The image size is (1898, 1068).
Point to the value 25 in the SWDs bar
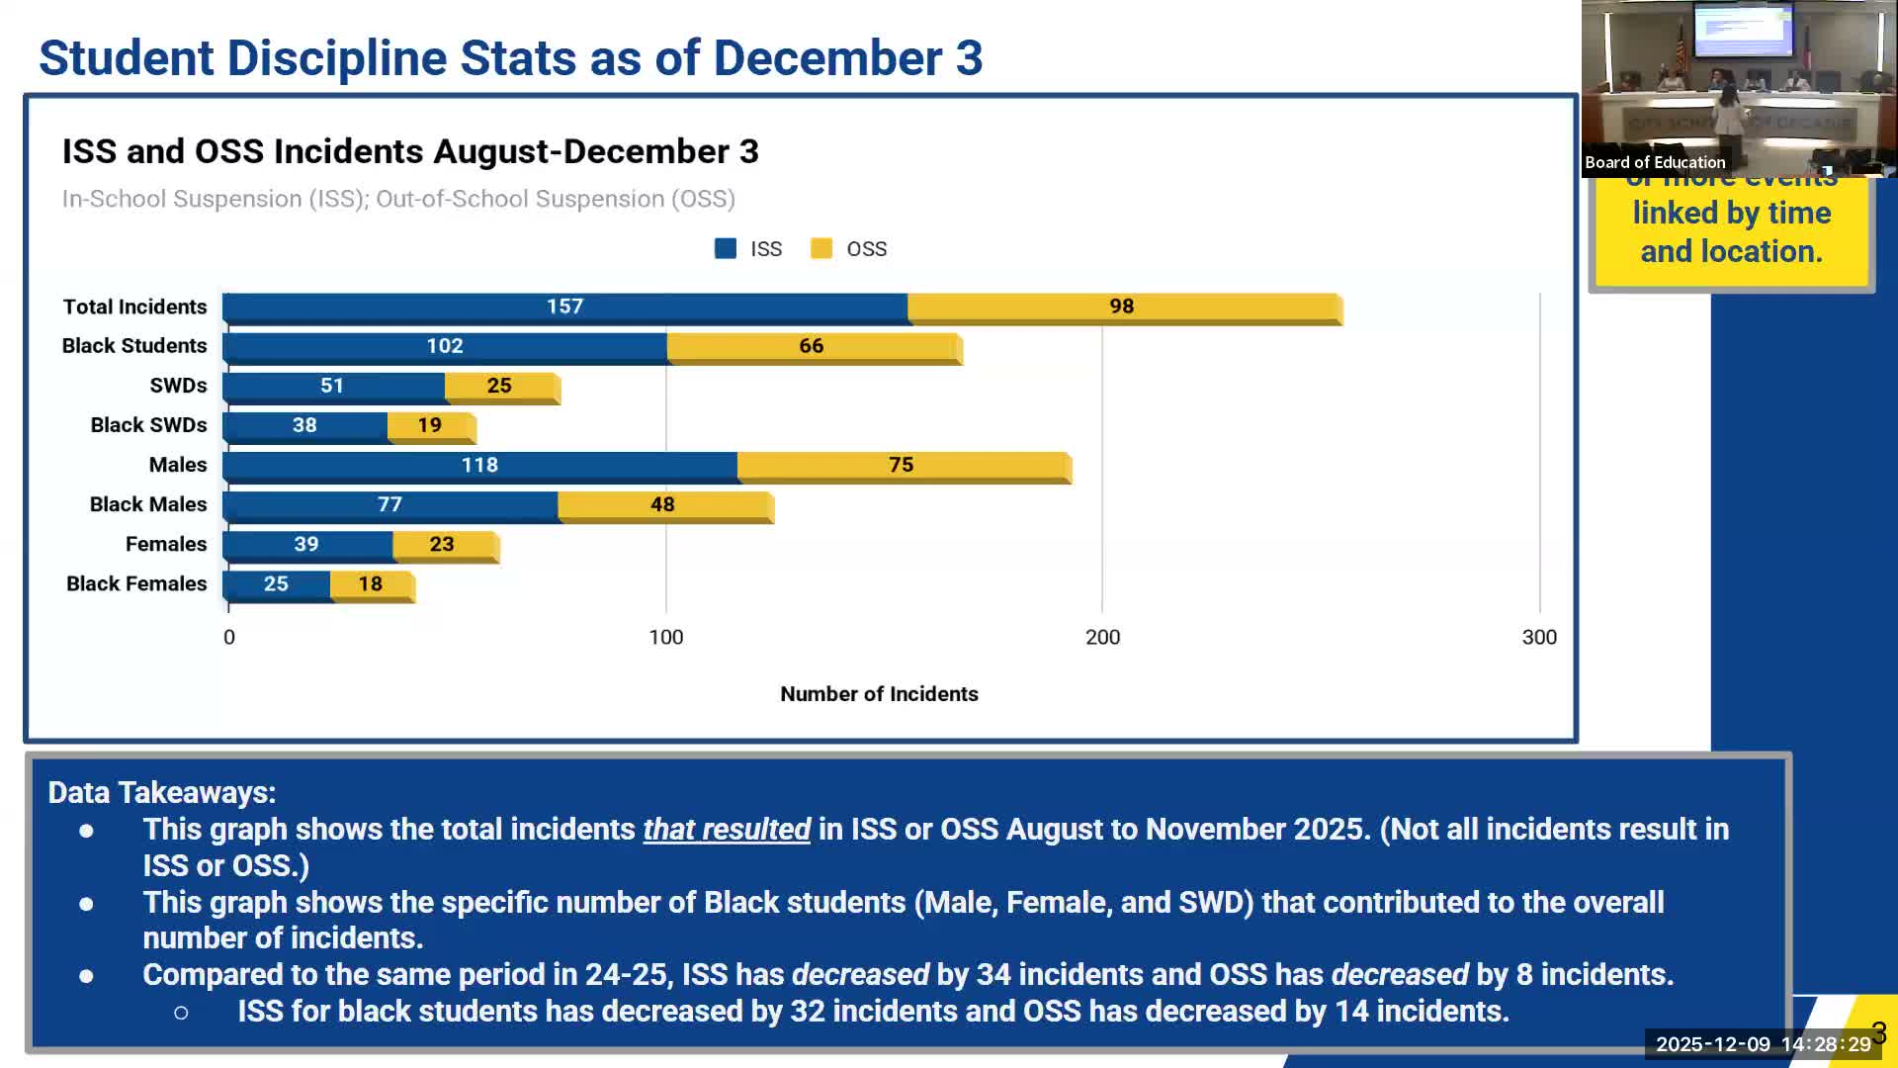coord(499,386)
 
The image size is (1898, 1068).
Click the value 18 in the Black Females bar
coord(371,584)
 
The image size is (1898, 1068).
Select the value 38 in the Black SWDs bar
coord(304,425)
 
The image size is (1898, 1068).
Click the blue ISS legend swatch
coord(726,249)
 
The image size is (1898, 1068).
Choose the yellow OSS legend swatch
coord(821,249)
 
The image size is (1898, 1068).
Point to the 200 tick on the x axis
coord(1102,638)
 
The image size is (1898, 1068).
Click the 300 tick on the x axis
coord(1539,638)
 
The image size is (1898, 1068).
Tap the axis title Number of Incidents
coord(879,694)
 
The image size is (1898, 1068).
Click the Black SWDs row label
coord(148,425)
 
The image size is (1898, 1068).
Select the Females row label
coord(166,545)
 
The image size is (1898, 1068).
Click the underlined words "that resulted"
coord(727,830)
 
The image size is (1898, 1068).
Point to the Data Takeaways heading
coord(162,793)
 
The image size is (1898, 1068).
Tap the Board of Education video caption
coord(1655,163)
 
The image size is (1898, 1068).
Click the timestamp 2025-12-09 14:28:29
coord(1763,1044)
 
